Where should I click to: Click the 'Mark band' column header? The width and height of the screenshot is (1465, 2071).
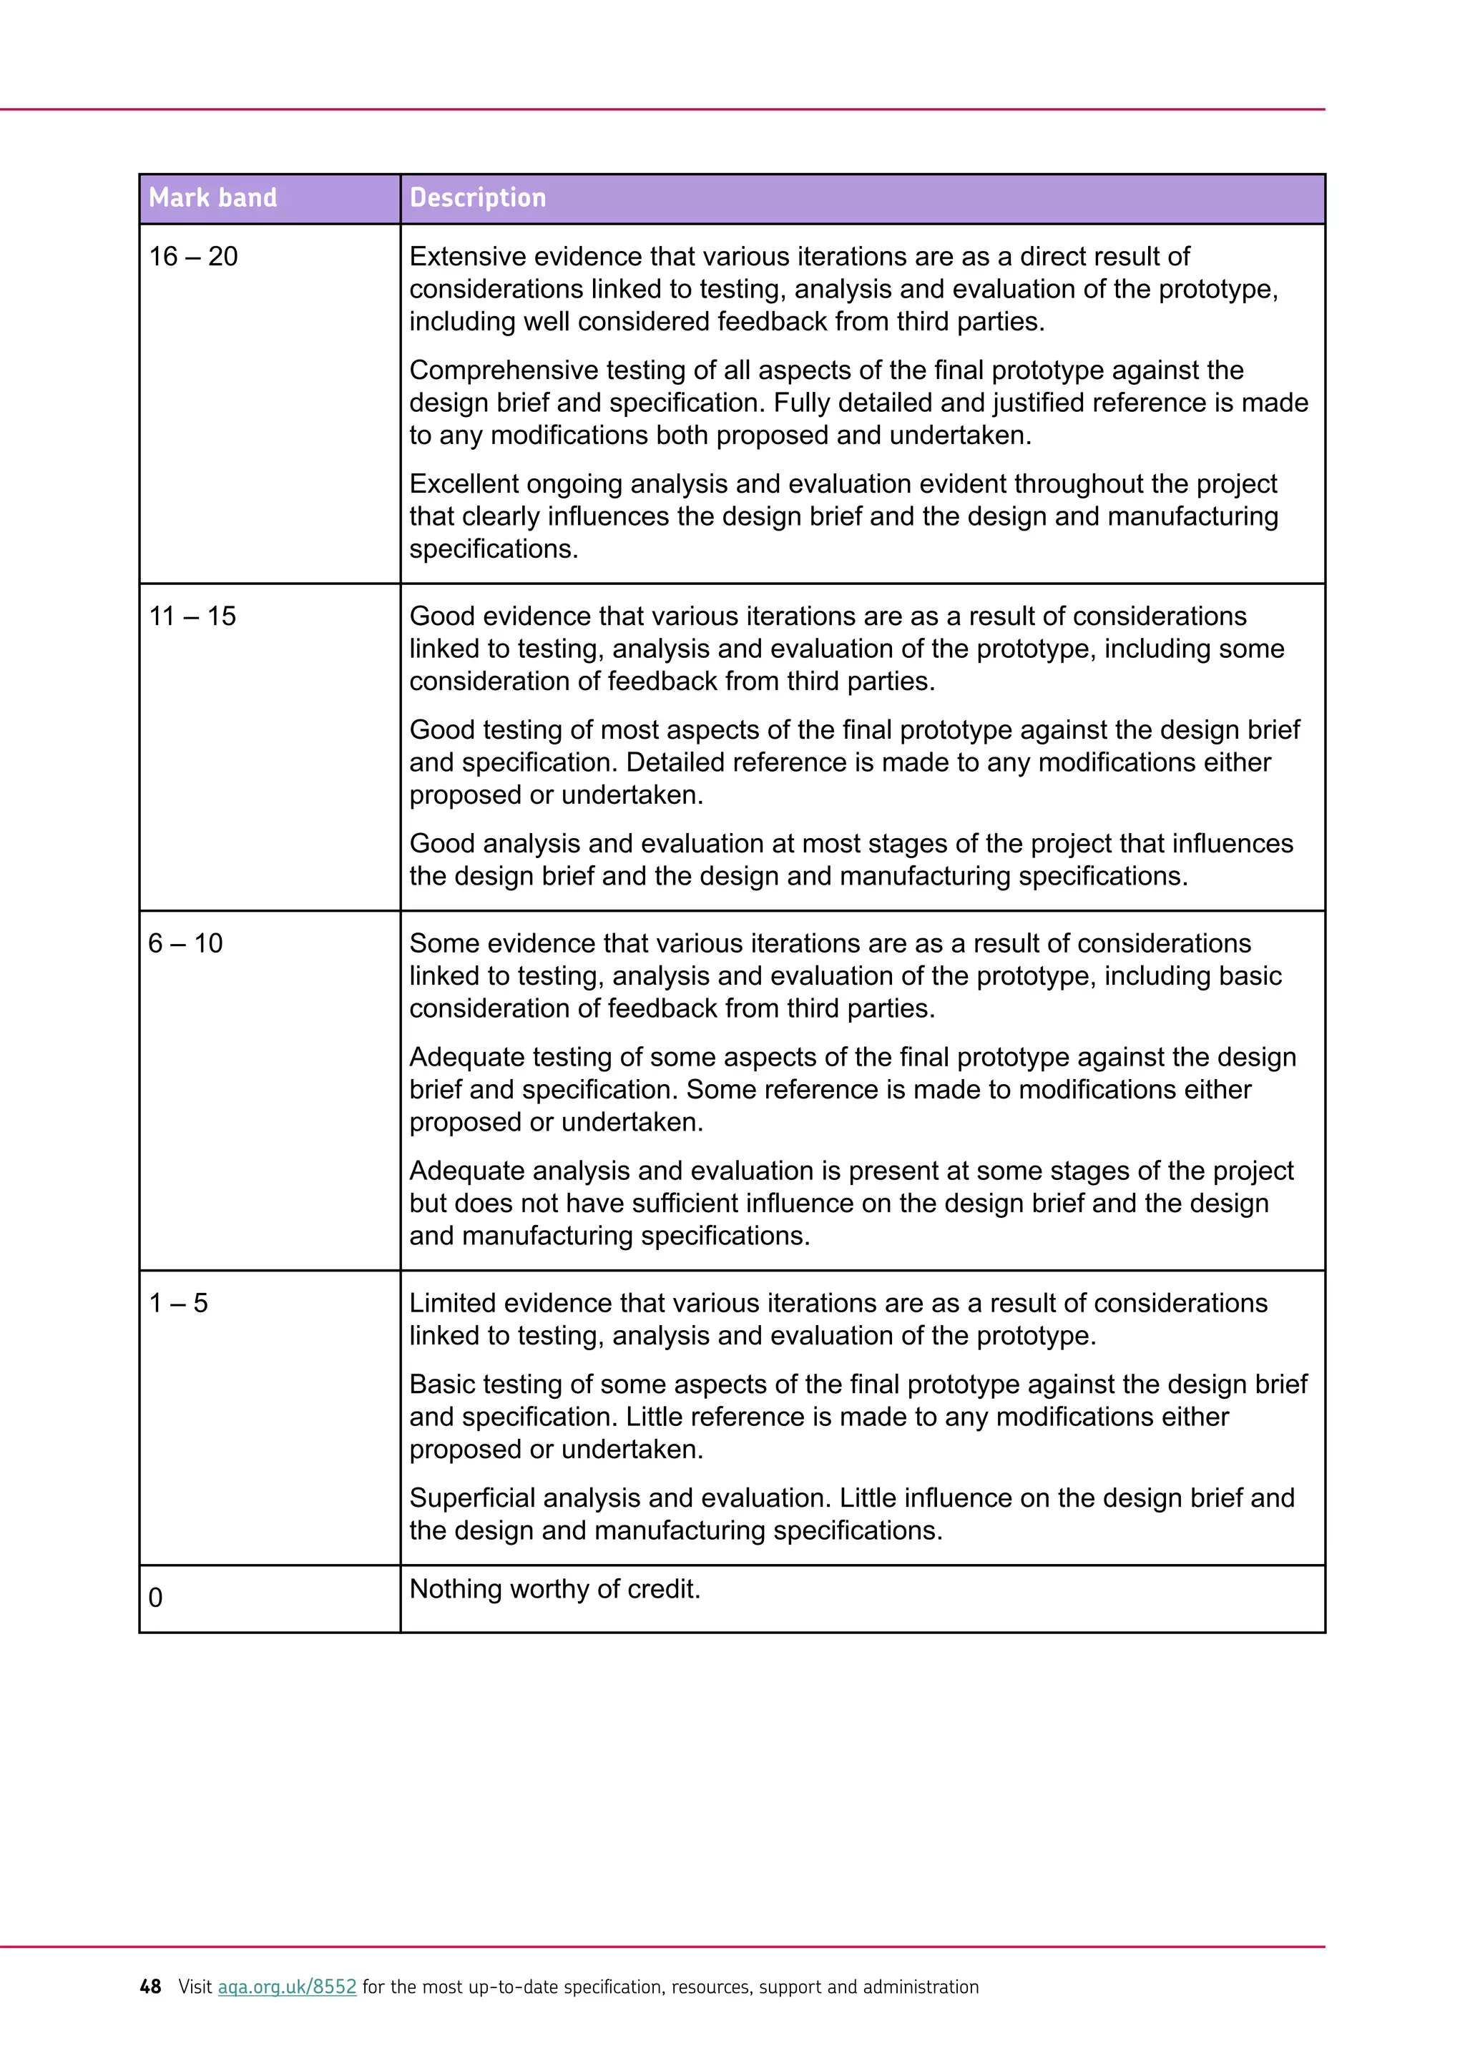(213, 197)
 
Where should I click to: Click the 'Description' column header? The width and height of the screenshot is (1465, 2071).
(477, 197)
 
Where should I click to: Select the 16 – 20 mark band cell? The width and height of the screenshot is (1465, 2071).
(193, 257)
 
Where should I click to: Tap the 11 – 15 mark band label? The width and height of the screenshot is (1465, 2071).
(192, 617)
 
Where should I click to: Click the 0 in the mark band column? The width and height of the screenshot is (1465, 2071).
(155, 1598)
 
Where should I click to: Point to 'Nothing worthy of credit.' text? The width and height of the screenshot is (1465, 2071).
(555, 1588)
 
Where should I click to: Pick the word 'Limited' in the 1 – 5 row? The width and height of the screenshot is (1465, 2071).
(454, 1304)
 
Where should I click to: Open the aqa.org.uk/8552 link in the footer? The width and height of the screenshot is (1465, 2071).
(287, 1987)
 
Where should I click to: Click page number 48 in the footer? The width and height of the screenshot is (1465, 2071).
(150, 1987)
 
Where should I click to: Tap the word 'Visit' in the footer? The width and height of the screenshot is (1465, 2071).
(195, 1987)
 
